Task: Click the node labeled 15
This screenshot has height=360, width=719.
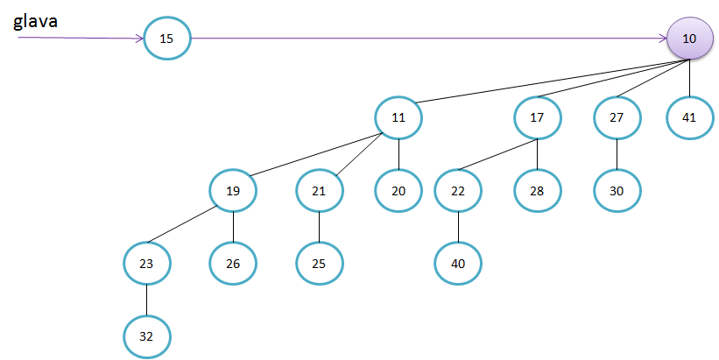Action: pyautogui.click(x=166, y=39)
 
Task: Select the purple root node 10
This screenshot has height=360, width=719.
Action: pyautogui.click(x=689, y=39)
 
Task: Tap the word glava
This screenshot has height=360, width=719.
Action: pyautogui.click(x=36, y=21)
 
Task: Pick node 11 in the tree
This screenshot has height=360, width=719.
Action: pyautogui.click(x=398, y=117)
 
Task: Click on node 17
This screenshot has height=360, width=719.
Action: pyautogui.click(x=538, y=117)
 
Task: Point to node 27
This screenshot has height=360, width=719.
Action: pyautogui.click(x=617, y=117)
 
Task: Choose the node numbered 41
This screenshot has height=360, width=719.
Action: pyautogui.click(x=689, y=117)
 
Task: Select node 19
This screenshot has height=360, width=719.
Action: pyautogui.click(x=233, y=189)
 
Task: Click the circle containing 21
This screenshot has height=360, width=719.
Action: pyautogui.click(x=319, y=189)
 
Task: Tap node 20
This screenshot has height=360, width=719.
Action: pyautogui.click(x=398, y=189)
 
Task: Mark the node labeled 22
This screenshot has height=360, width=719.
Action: pyautogui.click(x=458, y=189)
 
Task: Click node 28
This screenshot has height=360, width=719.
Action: pyautogui.click(x=538, y=189)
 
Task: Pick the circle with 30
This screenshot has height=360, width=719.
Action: pyautogui.click(x=617, y=189)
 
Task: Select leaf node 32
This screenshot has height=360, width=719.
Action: pyautogui.click(x=146, y=336)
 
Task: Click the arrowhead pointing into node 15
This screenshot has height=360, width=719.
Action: pyautogui.click(x=140, y=39)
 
